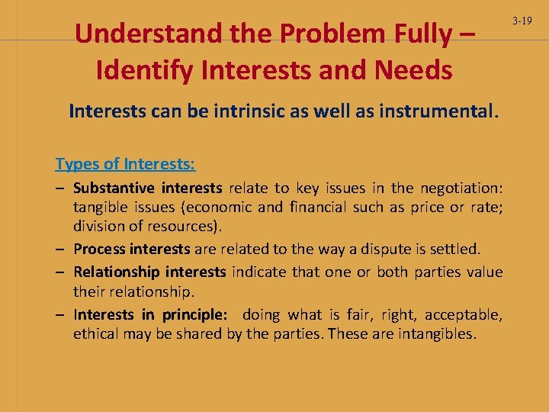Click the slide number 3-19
pyautogui.click(x=522, y=21)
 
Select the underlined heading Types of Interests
pyautogui.click(x=125, y=164)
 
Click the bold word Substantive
pyautogui.click(x=114, y=188)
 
